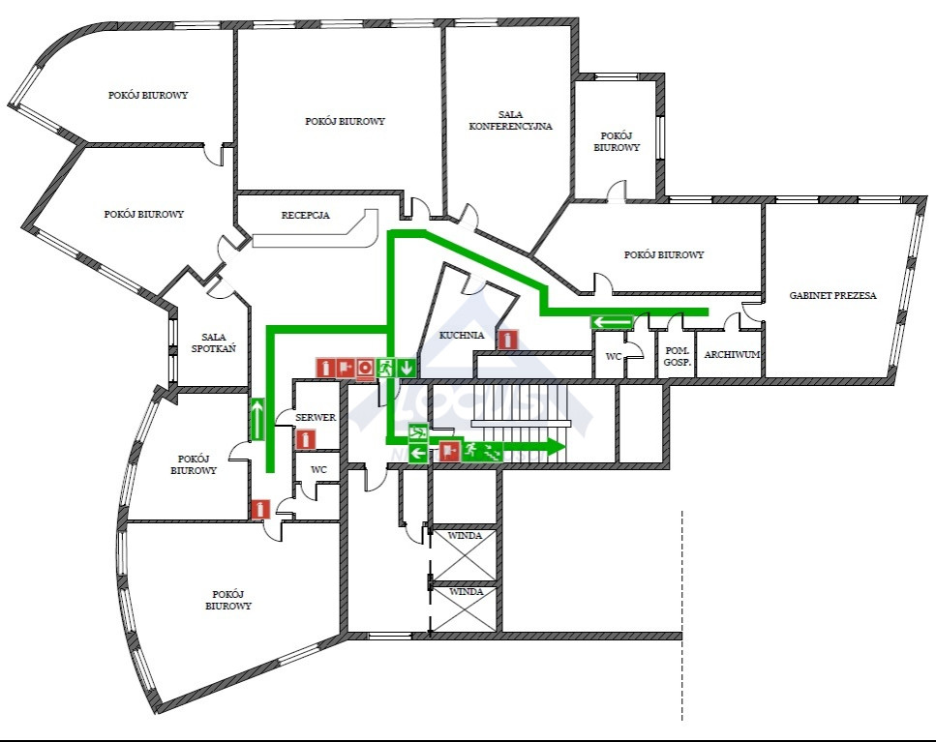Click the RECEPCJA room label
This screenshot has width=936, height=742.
[x=305, y=215]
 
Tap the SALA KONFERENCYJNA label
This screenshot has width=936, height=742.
[x=510, y=120]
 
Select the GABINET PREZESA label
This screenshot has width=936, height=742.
[x=832, y=295]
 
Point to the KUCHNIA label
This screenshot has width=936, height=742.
[x=462, y=335]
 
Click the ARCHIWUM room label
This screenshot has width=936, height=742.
[x=732, y=354]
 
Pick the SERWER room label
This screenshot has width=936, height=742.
[x=316, y=418]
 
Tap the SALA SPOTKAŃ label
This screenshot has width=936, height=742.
[x=214, y=343]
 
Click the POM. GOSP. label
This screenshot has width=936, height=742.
[x=678, y=356]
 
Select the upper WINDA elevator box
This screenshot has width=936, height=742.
[x=465, y=554]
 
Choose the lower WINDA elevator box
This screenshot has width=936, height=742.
[x=465, y=609]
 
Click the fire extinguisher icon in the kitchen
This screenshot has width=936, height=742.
[x=507, y=340]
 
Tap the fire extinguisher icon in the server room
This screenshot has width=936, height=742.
[x=306, y=440]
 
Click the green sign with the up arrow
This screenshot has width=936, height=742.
[x=257, y=419]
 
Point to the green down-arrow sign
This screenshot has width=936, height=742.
[x=407, y=368]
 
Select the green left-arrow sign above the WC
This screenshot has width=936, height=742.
[x=613, y=322]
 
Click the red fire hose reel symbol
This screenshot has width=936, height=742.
[x=366, y=368]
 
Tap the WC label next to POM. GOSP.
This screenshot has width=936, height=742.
[x=614, y=357]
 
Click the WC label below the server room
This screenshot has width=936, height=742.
[x=318, y=470]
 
